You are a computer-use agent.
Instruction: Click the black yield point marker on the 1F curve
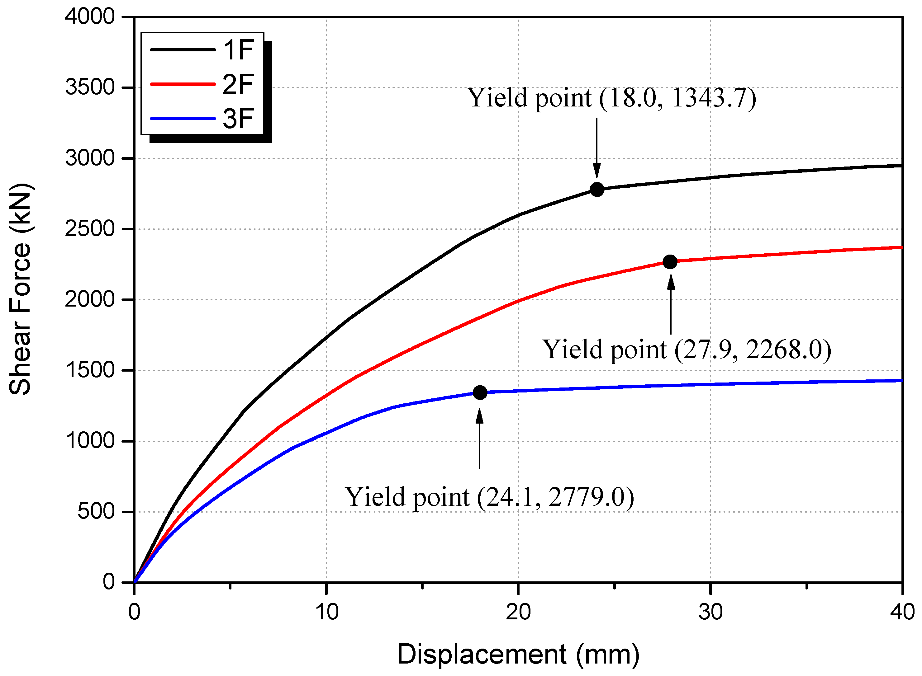[x=597, y=190]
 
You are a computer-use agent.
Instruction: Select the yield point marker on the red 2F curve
[x=670, y=262]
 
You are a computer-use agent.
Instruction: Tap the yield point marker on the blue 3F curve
[x=480, y=393]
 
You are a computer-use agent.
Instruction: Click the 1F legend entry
[x=202, y=50]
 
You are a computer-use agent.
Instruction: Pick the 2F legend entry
[x=202, y=84]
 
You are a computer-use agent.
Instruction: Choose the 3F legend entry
[x=202, y=119]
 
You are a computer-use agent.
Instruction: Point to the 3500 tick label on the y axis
[x=90, y=87]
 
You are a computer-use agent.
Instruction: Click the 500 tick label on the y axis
[x=96, y=511]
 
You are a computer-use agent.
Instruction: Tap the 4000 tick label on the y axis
[x=90, y=17]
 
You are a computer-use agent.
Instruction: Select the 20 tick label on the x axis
[x=518, y=613]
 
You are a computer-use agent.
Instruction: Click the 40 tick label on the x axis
[x=902, y=613]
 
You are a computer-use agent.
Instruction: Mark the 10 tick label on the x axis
[x=326, y=613]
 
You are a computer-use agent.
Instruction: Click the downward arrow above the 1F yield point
[x=596, y=147]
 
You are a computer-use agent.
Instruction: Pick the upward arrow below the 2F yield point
[x=671, y=305]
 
